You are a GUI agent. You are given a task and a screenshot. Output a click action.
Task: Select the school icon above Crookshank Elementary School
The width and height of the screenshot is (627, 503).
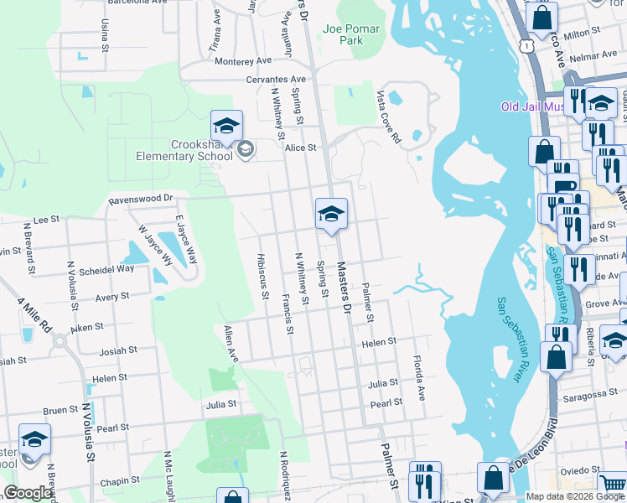[x=226, y=127]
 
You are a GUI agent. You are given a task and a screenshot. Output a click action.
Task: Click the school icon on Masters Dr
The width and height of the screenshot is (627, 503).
[x=331, y=215]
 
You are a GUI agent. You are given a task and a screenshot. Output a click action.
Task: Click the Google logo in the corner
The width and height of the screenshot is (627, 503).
[x=28, y=493]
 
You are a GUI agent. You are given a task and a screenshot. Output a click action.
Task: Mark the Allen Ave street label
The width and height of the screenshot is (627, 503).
[x=231, y=345]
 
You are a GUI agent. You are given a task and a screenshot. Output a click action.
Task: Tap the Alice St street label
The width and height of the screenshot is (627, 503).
[x=300, y=148]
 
